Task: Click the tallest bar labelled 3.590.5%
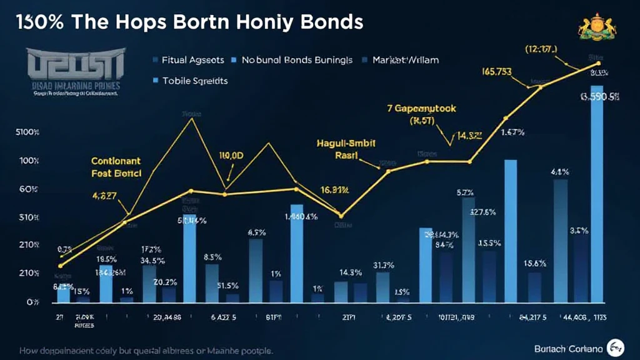pos(597,194)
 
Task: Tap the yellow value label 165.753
pos(496,72)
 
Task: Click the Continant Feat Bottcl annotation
pos(116,166)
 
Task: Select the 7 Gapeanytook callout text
pos(422,109)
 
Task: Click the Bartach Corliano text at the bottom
pos(567,348)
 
